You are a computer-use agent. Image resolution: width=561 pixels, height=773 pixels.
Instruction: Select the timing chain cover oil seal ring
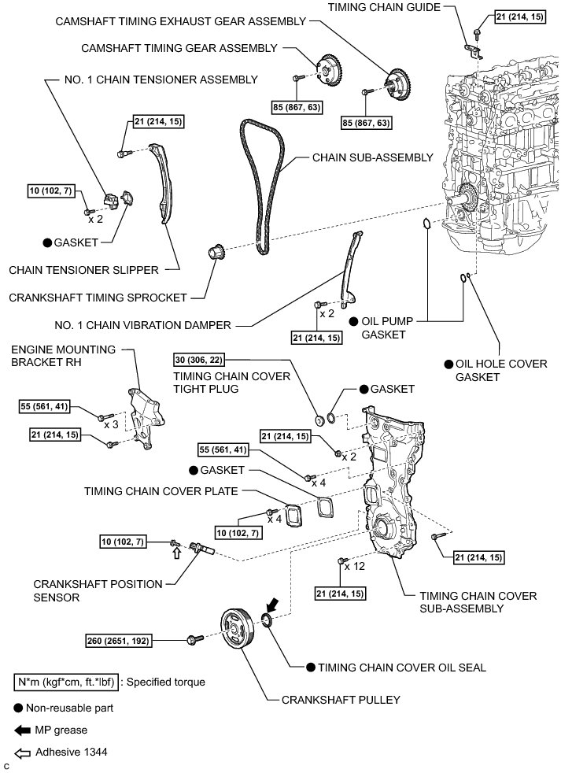click(x=267, y=623)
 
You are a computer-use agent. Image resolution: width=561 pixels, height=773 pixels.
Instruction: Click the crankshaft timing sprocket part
click(x=216, y=254)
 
